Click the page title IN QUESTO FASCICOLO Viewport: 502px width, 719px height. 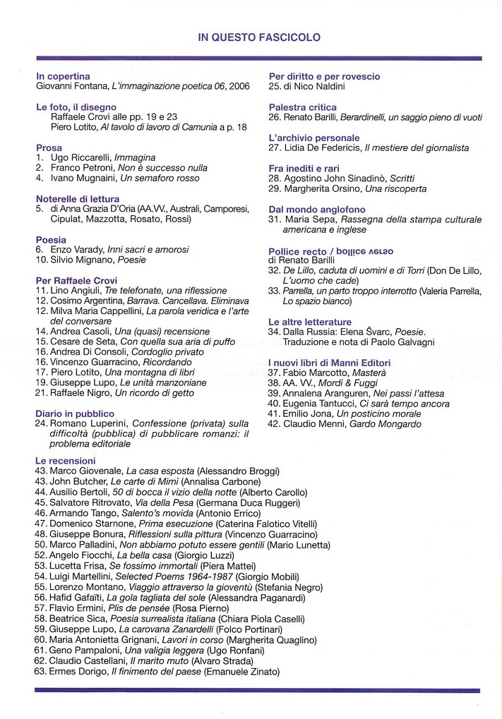259,37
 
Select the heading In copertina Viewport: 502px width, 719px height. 63,76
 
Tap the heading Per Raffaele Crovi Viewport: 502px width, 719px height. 73,280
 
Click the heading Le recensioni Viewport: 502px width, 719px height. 65,460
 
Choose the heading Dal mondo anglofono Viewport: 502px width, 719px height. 317,210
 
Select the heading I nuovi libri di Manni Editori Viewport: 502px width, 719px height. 329,363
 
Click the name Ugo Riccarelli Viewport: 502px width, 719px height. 77,158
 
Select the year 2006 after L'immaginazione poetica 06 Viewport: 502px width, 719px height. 239,87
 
